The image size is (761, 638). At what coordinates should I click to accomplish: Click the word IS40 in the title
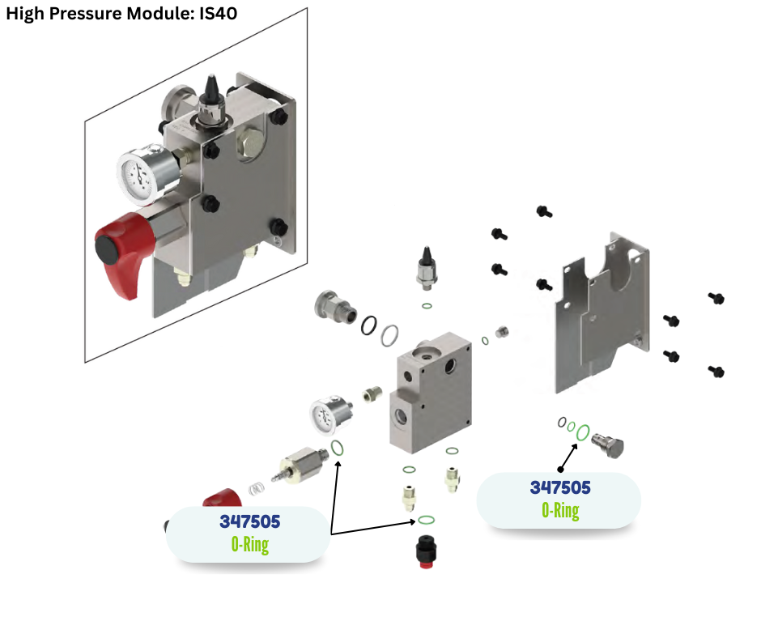pyautogui.click(x=218, y=14)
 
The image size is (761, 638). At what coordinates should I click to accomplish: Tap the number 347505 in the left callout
pyautogui.click(x=249, y=521)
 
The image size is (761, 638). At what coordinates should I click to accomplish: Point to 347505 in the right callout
pyautogui.click(x=560, y=487)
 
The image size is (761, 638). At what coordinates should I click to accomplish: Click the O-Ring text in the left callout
pyautogui.click(x=249, y=544)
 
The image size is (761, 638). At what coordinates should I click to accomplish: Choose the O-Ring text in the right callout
pyautogui.click(x=560, y=511)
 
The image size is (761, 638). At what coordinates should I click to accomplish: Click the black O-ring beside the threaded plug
pyautogui.click(x=369, y=324)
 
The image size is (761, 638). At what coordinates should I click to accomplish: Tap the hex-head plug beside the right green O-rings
pyautogui.click(x=610, y=443)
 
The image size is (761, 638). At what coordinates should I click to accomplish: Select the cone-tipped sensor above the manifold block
pyautogui.click(x=427, y=267)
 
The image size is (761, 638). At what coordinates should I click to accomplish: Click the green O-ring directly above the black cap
pyautogui.click(x=427, y=520)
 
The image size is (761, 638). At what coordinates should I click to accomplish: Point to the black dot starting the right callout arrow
pyautogui.click(x=560, y=468)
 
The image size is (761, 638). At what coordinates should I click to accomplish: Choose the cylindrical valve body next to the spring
pyautogui.click(x=304, y=466)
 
